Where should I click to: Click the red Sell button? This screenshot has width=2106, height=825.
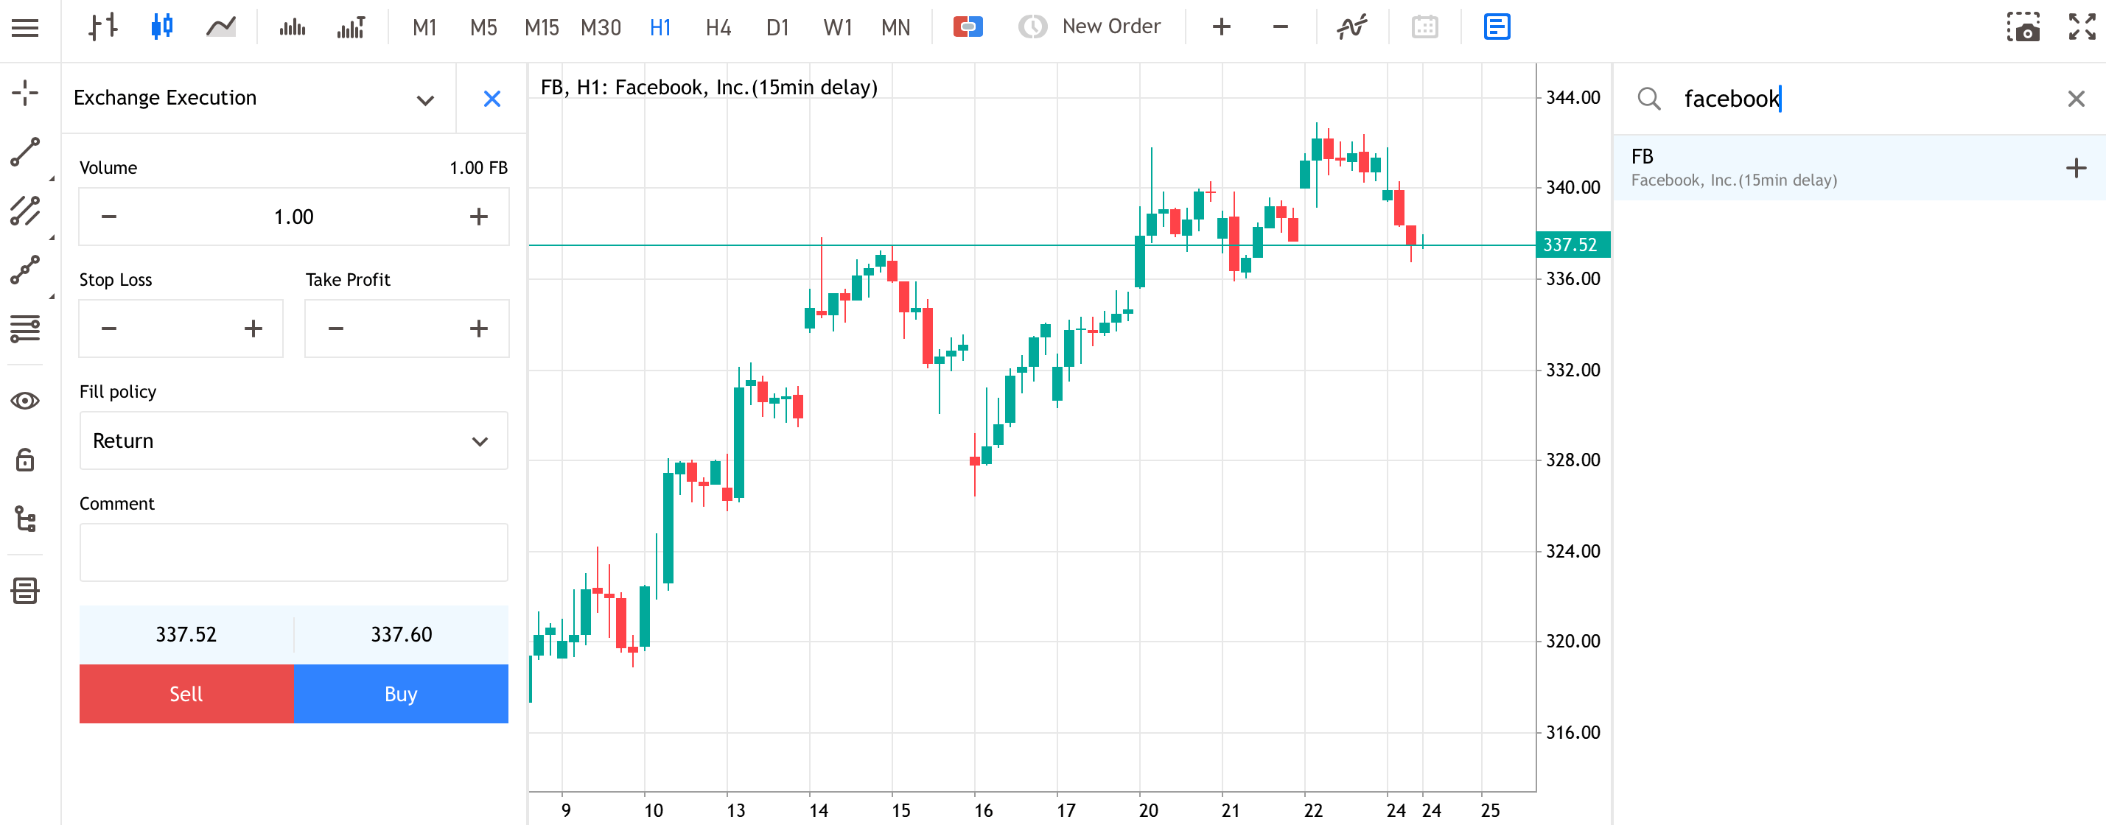coord(186,693)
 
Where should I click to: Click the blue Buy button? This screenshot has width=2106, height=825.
coord(401,693)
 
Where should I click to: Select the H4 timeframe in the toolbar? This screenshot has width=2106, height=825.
coord(718,28)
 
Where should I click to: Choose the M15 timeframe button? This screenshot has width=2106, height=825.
coord(541,28)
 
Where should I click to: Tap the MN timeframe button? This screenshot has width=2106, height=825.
coord(895,28)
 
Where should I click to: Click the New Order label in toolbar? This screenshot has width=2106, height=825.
coord(1111,27)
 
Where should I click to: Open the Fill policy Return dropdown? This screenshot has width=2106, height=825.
coord(293,440)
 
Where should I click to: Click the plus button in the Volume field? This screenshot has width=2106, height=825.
coord(479,217)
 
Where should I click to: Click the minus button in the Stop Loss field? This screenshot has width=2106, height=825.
coord(109,329)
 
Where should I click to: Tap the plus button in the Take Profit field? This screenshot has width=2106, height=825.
coord(479,329)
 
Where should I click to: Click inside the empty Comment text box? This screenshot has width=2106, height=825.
coord(293,552)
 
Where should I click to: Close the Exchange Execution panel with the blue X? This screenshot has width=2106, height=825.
coord(492,99)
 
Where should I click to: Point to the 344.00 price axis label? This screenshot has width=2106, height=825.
coord(1573,97)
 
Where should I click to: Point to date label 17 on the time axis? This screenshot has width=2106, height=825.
coord(1066,810)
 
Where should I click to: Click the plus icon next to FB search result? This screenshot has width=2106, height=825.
coord(2076,169)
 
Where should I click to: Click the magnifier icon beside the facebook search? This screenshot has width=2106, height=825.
coord(1649,99)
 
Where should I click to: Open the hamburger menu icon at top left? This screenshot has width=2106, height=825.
coord(25,28)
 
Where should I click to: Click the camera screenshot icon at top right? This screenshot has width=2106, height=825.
coord(2023,27)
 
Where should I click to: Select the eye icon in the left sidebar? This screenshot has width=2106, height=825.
coord(25,401)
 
